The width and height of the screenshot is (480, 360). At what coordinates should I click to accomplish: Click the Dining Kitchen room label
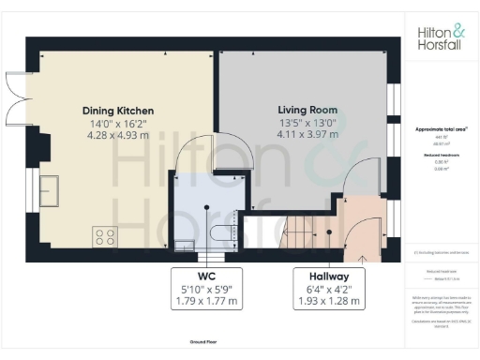(117, 111)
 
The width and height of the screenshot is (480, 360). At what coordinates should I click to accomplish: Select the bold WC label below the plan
(206, 277)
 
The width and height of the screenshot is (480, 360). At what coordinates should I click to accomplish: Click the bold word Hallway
(322, 277)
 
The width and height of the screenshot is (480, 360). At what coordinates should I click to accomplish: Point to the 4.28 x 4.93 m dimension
(117, 137)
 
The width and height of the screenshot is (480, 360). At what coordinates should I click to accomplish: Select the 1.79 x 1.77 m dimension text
(206, 302)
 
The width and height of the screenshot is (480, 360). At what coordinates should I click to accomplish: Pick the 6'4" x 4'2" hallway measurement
(322, 290)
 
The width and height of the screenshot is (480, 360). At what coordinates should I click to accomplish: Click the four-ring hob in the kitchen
(103, 235)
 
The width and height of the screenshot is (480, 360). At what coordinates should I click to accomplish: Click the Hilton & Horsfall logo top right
(438, 37)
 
